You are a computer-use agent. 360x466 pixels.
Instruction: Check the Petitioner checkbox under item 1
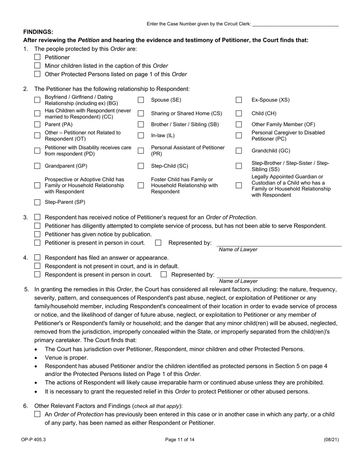tap(37, 57)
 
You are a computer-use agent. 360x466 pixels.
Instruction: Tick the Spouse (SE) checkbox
tap(141, 100)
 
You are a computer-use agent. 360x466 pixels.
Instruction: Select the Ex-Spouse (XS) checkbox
tap(239, 100)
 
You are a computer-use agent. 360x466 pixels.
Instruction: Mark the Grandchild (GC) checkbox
tap(239, 150)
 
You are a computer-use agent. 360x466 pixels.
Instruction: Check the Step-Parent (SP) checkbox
tap(37, 202)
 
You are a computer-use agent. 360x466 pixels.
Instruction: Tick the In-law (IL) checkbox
tap(141, 135)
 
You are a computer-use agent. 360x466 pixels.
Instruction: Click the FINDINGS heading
tap(38, 32)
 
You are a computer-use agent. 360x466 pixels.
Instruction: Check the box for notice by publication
tap(37, 235)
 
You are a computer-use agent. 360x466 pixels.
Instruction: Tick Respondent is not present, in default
tap(37, 266)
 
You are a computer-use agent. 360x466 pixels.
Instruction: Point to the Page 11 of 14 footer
tap(180, 440)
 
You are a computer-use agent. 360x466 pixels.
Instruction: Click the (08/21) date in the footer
tap(331, 440)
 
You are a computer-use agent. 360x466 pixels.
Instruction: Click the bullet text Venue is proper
tap(66, 358)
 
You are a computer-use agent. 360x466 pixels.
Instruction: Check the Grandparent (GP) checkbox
tap(37, 166)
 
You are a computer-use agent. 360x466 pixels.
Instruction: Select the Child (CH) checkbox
tap(239, 113)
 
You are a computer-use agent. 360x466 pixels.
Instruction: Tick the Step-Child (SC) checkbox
tap(141, 166)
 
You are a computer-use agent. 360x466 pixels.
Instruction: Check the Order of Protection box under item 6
tap(37, 414)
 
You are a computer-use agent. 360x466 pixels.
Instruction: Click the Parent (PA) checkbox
tap(37, 124)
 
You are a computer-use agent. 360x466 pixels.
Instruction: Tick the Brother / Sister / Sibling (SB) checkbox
tap(141, 124)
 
